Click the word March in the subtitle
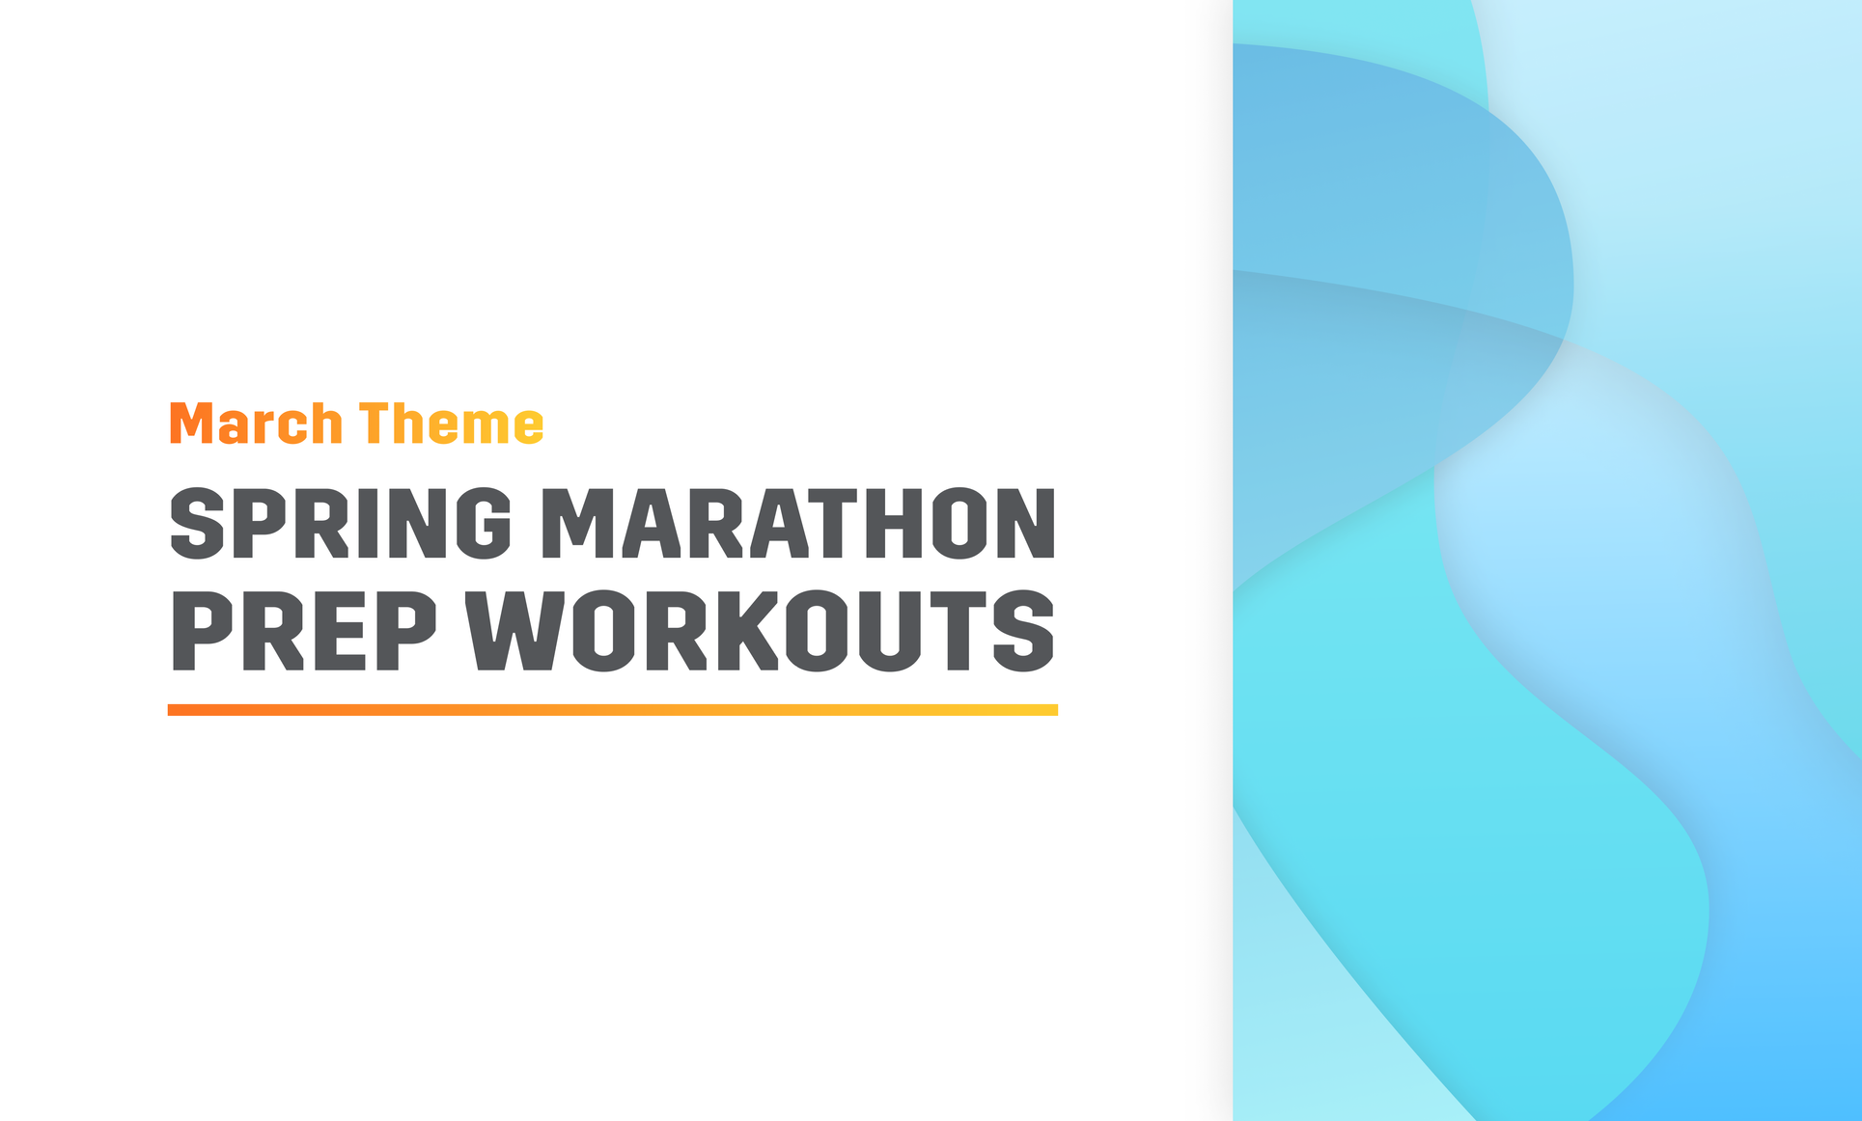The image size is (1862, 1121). [x=256, y=424]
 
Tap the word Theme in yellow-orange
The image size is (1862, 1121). [x=452, y=424]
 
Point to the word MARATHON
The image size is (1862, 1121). [x=797, y=523]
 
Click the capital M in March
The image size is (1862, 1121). [x=191, y=424]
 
